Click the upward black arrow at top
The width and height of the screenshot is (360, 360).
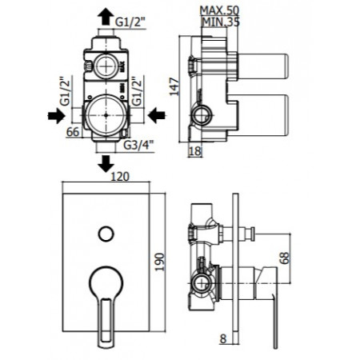click(x=106, y=17)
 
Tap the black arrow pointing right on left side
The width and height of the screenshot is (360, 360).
click(x=57, y=116)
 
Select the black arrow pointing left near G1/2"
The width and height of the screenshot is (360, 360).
click(x=157, y=115)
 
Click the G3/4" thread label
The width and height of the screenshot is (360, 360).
click(x=139, y=146)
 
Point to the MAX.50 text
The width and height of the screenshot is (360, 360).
click(x=219, y=10)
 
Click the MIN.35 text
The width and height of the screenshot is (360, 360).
click(x=221, y=22)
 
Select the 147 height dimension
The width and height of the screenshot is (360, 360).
click(x=174, y=86)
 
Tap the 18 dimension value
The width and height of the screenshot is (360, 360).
click(x=195, y=151)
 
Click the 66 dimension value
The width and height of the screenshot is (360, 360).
click(x=73, y=132)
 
